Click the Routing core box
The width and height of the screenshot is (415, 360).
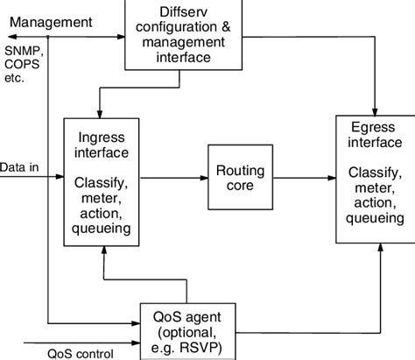(236, 177)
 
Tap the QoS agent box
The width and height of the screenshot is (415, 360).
(188, 327)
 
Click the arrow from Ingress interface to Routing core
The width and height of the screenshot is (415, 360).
(174, 177)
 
